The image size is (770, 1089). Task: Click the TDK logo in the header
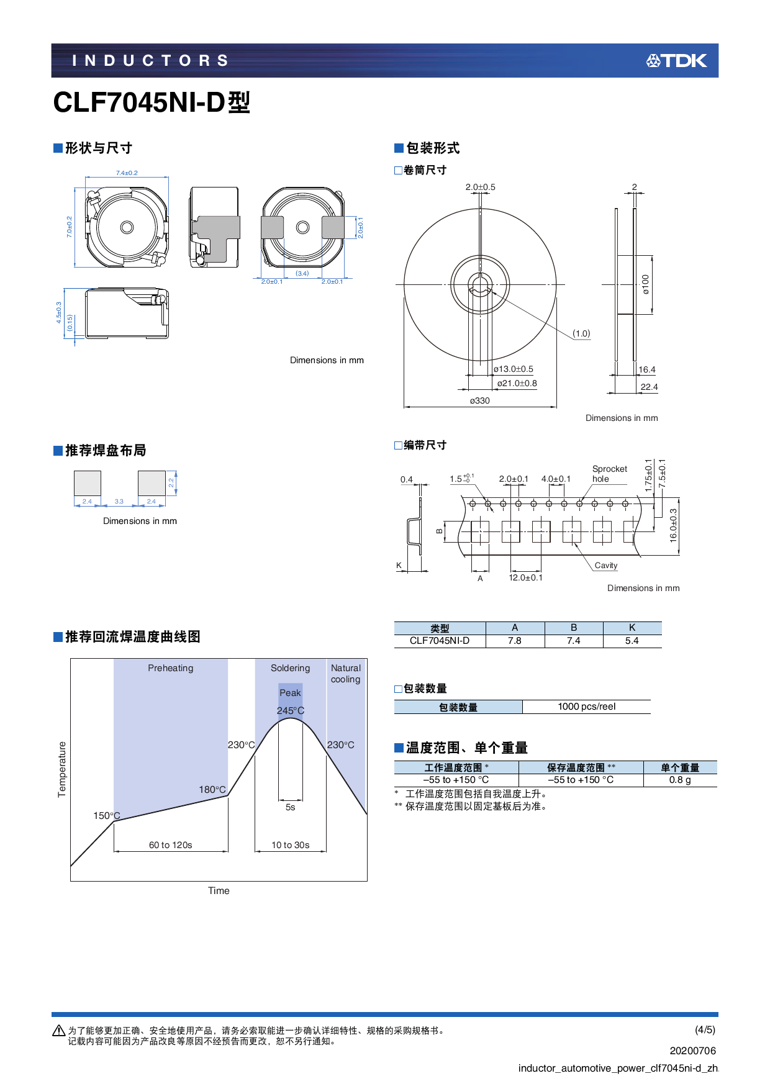click(x=676, y=61)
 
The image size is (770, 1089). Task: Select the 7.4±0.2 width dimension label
click(x=127, y=173)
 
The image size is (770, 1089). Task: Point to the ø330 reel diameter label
click(x=479, y=401)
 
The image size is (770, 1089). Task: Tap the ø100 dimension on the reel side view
click(x=646, y=284)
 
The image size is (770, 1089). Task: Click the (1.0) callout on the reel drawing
click(x=581, y=334)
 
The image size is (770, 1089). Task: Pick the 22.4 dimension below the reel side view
click(x=649, y=387)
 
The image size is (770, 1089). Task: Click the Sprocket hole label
click(x=609, y=474)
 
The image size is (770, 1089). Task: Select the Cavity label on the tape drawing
click(x=606, y=566)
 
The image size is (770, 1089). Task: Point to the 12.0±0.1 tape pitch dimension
click(x=525, y=578)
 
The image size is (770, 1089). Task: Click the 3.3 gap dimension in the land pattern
click(x=119, y=502)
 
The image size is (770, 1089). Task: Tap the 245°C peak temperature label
click(x=291, y=711)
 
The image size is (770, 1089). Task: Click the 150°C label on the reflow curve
click(x=106, y=816)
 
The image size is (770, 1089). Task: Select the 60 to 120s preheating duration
click(x=170, y=845)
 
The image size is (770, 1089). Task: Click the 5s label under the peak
click(x=290, y=808)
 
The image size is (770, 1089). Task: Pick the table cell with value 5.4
click(x=632, y=641)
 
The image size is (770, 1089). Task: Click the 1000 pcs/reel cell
click(x=586, y=707)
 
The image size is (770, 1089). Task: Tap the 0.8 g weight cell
click(x=679, y=780)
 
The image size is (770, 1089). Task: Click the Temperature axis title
click(x=61, y=769)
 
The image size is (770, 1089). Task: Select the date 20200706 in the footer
click(x=692, y=1051)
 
